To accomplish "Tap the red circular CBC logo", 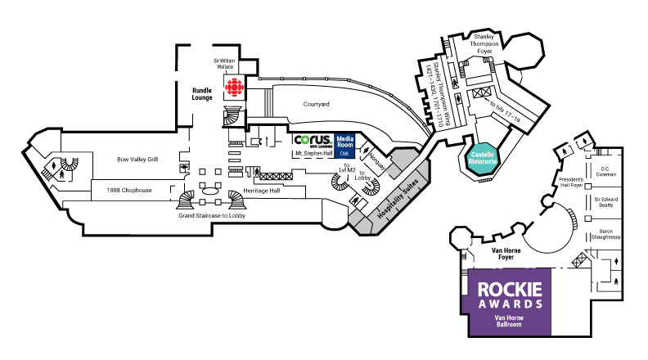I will (x=234, y=88).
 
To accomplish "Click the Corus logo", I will (x=313, y=140).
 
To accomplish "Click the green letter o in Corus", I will (x=305, y=140).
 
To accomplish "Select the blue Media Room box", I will (x=344, y=146).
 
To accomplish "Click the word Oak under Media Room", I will (x=344, y=153).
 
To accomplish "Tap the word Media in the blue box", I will (x=345, y=138).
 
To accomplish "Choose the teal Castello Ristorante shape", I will (x=483, y=158).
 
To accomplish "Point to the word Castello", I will (x=483, y=154).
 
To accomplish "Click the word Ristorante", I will (x=483, y=162).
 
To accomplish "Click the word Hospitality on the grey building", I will (x=390, y=205).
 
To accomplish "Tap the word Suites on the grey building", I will (x=411, y=186).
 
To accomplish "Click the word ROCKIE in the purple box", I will (x=509, y=290).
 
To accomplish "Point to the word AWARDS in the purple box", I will (x=509, y=304).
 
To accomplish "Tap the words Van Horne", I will (x=509, y=317).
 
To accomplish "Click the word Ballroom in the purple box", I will (x=509, y=325).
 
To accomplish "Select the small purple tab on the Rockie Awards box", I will (x=466, y=304).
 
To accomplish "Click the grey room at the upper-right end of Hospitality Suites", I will (x=422, y=170).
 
